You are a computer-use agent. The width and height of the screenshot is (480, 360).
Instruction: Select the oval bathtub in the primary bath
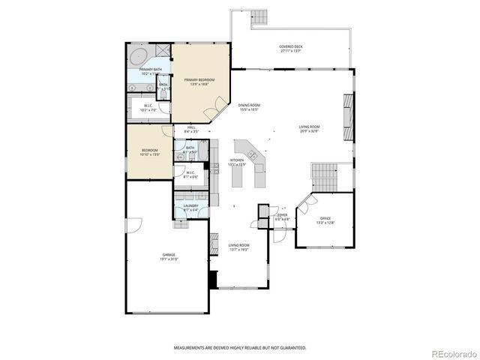coord(139,57)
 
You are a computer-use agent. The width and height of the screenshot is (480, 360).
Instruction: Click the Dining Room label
coord(249,105)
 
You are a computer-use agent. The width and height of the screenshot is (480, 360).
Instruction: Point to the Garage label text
coord(169,255)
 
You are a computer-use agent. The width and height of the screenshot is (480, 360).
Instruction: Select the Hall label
coord(191,127)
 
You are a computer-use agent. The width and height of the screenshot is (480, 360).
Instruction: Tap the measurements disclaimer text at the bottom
coord(240,348)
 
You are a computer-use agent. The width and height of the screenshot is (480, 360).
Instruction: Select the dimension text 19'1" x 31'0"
coord(169,259)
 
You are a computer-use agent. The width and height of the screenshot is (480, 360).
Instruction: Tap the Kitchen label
coord(237,160)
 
